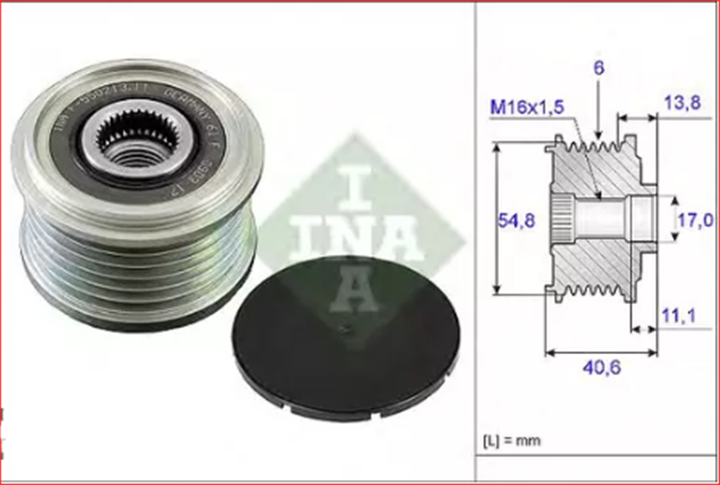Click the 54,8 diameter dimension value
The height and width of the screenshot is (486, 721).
[x=516, y=220]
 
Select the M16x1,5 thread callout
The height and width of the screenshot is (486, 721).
[x=527, y=107]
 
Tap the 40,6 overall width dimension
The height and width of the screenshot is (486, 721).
[x=602, y=367]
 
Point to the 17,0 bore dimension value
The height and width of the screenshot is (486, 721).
[x=695, y=220]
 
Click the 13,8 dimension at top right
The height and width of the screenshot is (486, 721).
[x=682, y=103]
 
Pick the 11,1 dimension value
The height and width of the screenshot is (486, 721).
[x=679, y=315]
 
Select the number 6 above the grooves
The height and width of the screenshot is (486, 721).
[x=598, y=68]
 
